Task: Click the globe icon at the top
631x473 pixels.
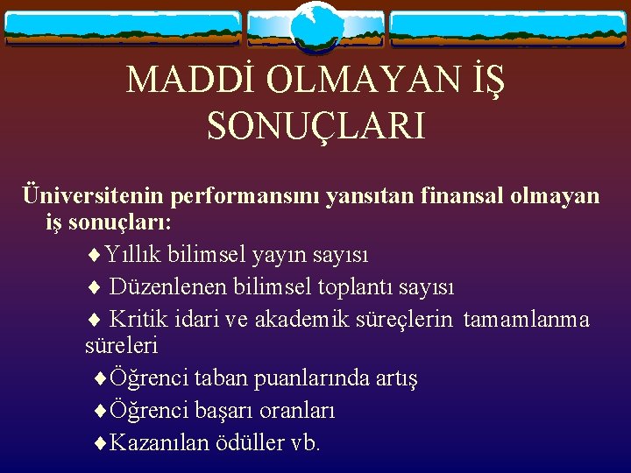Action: pyautogui.click(x=315, y=26)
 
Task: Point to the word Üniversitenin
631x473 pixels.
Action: pyautogui.click(x=94, y=195)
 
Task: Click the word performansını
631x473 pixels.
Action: pyautogui.click(x=245, y=195)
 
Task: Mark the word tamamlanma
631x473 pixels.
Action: pyautogui.click(x=526, y=319)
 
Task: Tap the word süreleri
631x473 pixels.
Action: pyautogui.click(x=122, y=346)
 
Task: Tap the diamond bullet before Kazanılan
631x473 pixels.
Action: pyautogui.click(x=99, y=443)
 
